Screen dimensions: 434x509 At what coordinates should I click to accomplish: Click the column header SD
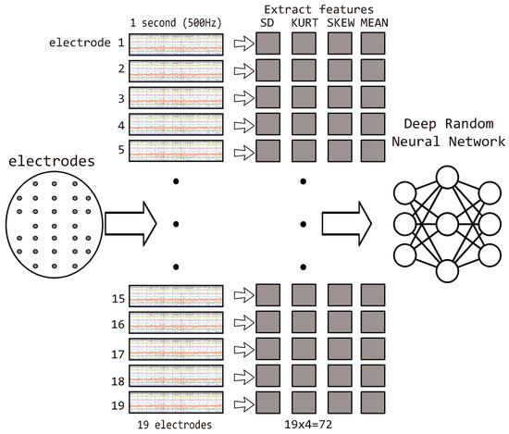268,22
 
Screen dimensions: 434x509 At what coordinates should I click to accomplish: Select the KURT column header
305,22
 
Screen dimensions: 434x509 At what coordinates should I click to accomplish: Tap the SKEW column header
341,22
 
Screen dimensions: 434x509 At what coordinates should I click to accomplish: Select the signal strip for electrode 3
176,96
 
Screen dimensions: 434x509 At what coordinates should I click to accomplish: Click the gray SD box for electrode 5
268,150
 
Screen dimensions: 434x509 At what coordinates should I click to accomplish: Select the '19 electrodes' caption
176,425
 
